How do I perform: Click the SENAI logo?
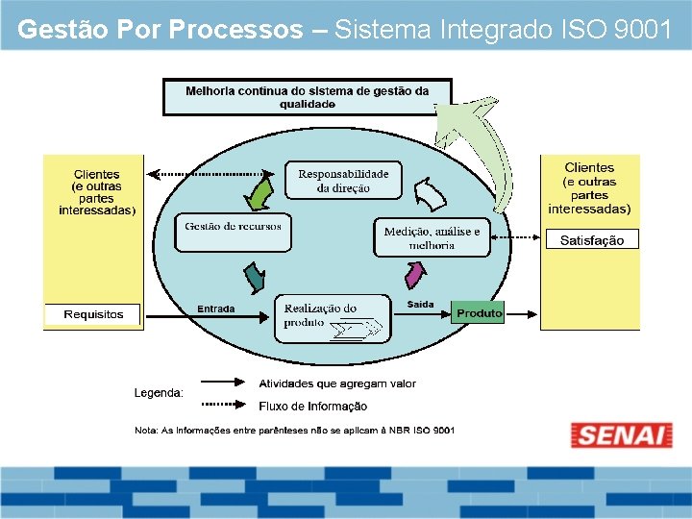621,434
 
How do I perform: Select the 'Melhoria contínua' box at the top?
308,97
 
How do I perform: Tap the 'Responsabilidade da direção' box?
343,181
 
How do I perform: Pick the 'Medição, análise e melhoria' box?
432,237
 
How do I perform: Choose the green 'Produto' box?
478,313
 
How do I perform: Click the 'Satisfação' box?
592,240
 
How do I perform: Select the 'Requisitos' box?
93,314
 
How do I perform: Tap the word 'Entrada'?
215,309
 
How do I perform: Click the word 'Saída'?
420,305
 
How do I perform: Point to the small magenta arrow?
414,276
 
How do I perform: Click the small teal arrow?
254,278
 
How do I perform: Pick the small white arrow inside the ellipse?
430,195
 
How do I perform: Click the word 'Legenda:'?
159,392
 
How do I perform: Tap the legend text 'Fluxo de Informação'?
312,407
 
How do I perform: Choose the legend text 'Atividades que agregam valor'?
336,383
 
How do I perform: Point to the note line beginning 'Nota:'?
294,430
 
